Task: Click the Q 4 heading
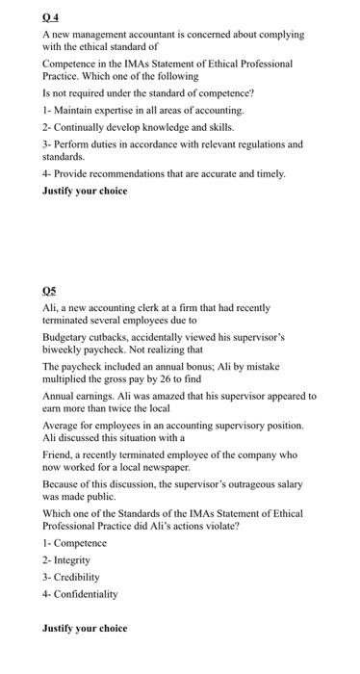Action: [x=50, y=14]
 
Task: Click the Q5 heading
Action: [x=50, y=289]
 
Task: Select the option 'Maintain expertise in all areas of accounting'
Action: [x=129, y=112]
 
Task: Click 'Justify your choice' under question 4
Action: [x=85, y=192]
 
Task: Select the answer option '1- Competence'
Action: [x=74, y=543]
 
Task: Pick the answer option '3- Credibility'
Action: [x=70, y=577]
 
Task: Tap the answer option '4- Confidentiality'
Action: [x=80, y=594]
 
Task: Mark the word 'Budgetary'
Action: [x=66, y=338]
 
